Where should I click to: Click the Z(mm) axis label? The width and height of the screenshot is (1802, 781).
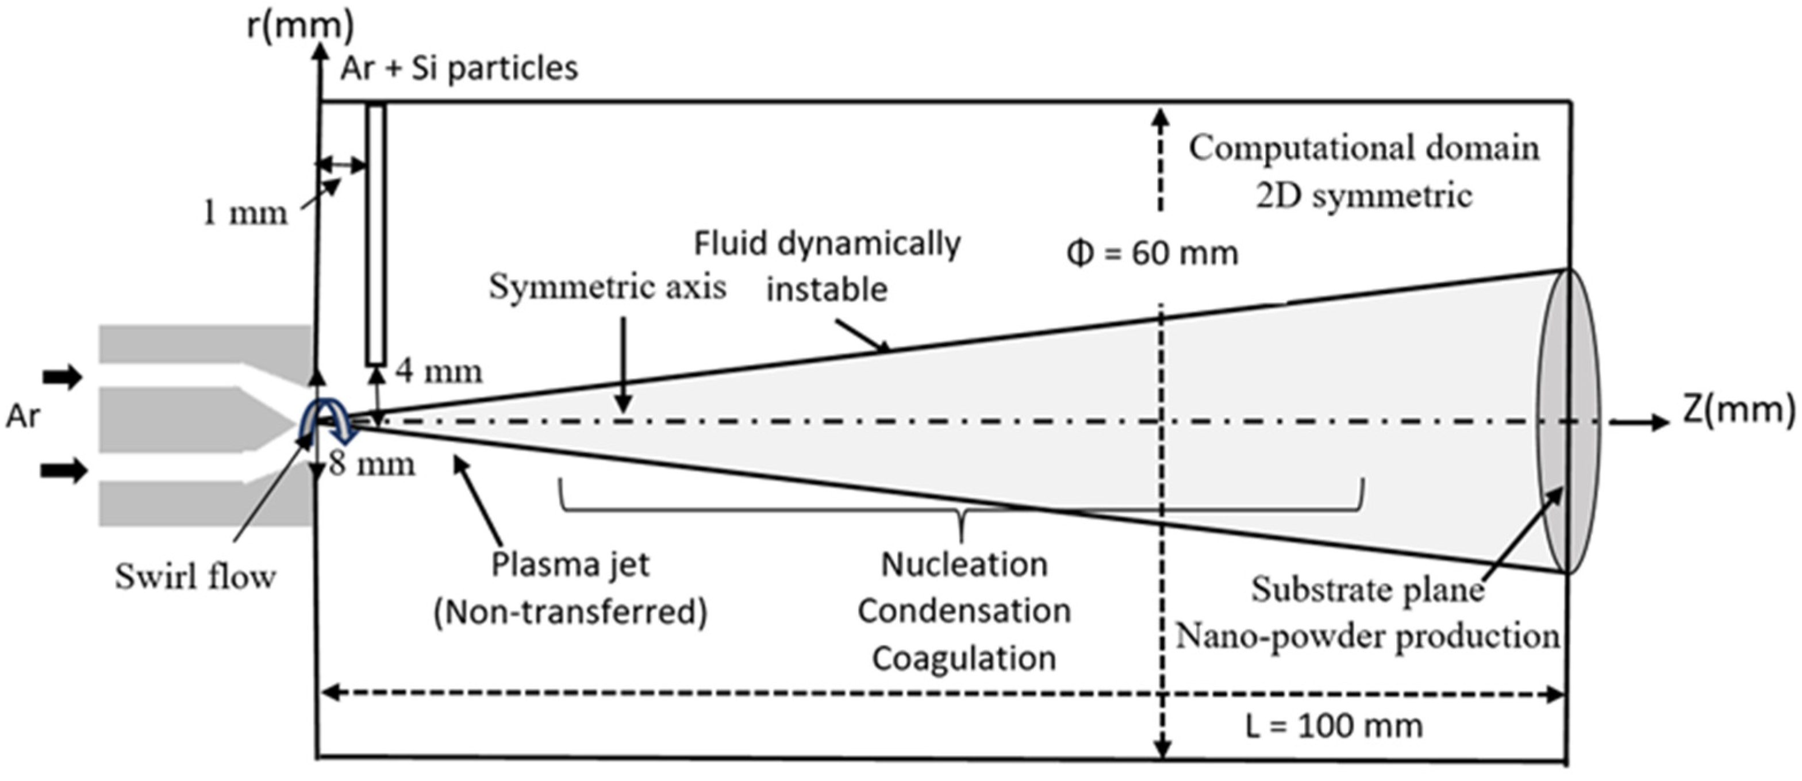pyautogui.click(x=1738, y=410)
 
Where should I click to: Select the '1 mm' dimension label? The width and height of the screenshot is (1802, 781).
pyautogui.click(x=244, y=213)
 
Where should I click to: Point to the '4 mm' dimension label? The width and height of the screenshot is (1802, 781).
pyautogui.click(x=439, y=371)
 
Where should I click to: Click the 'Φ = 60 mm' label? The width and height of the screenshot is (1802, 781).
pyautogui.click(x=1152, y=253)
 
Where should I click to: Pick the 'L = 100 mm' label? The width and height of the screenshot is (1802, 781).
pyautogui.click(x=1334, y=727)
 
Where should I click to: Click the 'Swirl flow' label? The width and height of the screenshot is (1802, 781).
pyautogui.click(x=195, y=578)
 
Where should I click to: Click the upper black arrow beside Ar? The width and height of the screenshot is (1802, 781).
pyautogui.click(x=63, y=378)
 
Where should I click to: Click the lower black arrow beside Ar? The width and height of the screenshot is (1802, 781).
pyautogui.click(x=63, y=471)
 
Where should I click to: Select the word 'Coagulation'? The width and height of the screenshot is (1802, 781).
pyautogui.click(x=964, y=659)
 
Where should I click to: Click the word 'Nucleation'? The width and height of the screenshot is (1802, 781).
pyautogui.click(x=964, y=565)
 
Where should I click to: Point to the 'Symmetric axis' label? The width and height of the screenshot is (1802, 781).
pyautogui.click(x=607, y=287)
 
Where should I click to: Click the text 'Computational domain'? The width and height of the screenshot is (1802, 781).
pyautogui.click(x=1364, y=149)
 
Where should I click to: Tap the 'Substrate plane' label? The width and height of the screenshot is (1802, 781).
pyautogui.click(x=1367, y=590)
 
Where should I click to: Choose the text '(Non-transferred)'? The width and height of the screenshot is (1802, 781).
pyautogui.click(x=570, y=613)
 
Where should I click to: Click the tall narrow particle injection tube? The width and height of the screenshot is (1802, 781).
pyautogui.click(x=376, y=234)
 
